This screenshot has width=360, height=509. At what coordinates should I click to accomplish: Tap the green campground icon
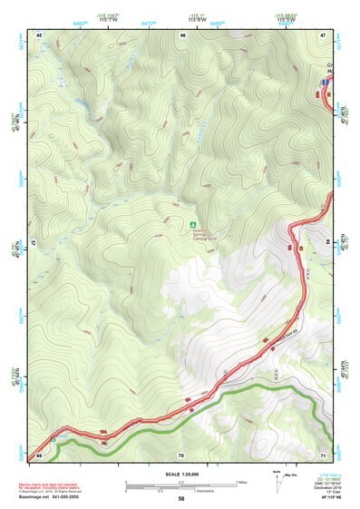click(x=192, y=224)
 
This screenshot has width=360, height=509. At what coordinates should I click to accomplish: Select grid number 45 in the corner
click(x=40, y=34)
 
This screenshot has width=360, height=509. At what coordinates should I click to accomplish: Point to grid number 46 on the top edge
click(x=183, y=34)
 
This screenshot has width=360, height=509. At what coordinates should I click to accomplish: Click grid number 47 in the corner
click(x=324, y=34)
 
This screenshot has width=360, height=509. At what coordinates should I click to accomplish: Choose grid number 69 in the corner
click(x=40, y=454)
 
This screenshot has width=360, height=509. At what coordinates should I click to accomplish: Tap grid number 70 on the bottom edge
click(x=181, y=454)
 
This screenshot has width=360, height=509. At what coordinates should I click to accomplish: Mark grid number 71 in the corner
click(x=324, y=454)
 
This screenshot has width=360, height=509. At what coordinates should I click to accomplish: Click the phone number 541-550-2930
click(x=73, y=498)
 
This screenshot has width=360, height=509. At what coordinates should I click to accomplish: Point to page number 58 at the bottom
click(x=181, y=499)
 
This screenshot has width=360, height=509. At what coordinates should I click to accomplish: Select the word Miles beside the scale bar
click(x=241, y=482)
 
